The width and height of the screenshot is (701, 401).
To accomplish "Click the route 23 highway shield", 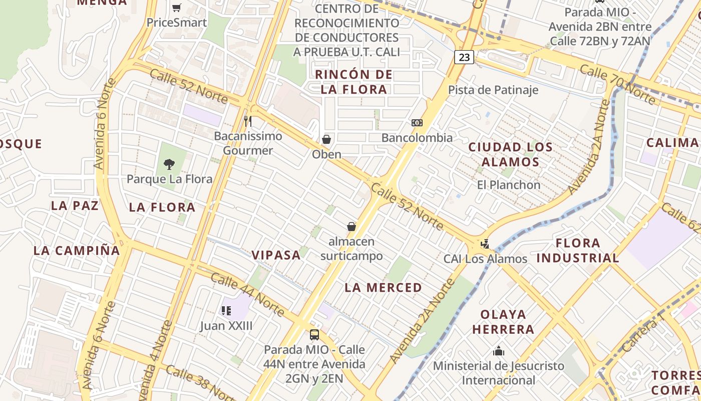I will tap(464, 57).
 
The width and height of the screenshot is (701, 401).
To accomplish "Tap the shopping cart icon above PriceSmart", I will tap(176, 8).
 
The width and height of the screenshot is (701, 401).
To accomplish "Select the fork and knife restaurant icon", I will tap(247, 121).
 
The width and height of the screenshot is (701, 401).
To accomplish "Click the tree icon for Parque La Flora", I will tap(169, 164).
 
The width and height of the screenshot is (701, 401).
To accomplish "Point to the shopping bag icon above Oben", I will tap(326, 139).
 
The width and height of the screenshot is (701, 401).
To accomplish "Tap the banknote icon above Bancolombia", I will tap(417, 123).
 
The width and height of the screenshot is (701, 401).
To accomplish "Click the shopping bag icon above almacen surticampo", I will tap(352, 227).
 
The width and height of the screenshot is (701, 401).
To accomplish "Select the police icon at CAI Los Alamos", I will tap(484, 244).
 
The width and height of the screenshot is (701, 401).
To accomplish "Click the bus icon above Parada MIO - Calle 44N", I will tap(314, 334).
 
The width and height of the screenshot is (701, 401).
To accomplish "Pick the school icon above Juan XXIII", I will tap(226, 311).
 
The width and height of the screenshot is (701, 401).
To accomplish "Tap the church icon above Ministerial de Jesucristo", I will tap(498, 351).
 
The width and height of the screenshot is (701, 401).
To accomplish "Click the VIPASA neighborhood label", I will tap(276, 255).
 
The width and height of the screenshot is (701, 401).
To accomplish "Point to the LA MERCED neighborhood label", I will tap(384, 288).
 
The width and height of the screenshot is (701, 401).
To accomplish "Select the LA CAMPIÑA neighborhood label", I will tap(77, 251).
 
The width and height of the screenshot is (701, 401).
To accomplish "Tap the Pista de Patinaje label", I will tap(493, 90).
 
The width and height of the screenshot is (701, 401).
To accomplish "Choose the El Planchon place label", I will tap(509, 185).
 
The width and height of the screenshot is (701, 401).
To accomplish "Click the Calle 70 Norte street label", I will tap(617, 84).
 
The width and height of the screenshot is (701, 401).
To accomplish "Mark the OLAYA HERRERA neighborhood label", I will tap(503, 322).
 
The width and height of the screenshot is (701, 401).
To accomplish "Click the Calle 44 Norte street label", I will tap(247, 294).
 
